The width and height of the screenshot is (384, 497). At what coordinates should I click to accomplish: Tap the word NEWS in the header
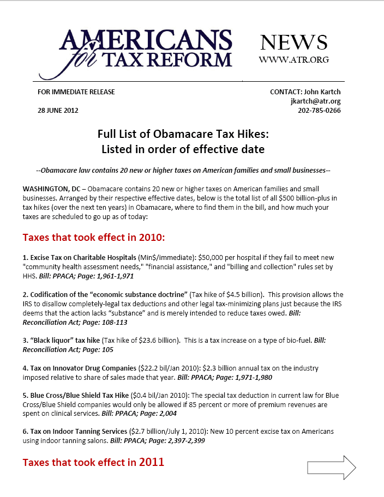click(x=293, y=43)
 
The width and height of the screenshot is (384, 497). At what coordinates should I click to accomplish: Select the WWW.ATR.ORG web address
click(x=293, y=59)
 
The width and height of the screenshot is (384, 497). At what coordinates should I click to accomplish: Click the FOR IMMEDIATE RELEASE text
click(x=76, y=92)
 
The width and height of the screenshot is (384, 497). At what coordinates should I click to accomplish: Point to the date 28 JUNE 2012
click(x=58, y=110)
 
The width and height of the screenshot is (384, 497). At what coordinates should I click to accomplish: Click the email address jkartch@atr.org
click(x=315, y=101)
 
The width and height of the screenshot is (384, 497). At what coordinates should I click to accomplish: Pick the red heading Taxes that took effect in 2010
click(x=93, y=238)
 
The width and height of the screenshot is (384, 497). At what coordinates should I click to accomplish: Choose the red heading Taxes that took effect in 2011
click(x=93, y=463)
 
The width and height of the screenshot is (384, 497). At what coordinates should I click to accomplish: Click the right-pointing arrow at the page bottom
click(x=332, y=468)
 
